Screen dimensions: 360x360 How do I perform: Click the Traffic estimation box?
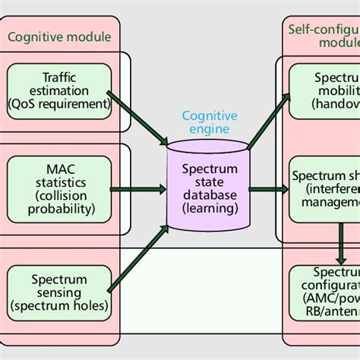(x=58, y=90)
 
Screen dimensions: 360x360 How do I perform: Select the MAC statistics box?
(x=58, y=189)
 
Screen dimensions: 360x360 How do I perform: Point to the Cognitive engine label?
(x=209, y=122)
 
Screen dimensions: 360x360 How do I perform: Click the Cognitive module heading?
(x=59, y=36)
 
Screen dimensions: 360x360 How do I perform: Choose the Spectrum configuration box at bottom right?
(x=325, y=292)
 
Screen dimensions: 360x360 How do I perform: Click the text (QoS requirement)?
(x=58, y=104)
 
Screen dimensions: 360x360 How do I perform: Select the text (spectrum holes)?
(x=58, y=306)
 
